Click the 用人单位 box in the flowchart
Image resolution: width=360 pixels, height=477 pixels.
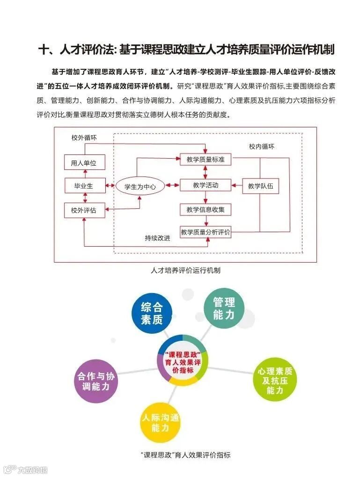pyautogui.click(x=84, y=163)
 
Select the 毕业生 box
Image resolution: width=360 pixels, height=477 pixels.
pyautogui.click(x=84, y=186)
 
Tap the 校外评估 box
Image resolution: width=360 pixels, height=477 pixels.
pyautogui.click(x=84, y=211)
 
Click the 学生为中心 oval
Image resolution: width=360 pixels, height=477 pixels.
pyautogui.click(x=140, y=187)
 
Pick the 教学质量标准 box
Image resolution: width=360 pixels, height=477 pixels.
pyautogui.click(x=206, y=160)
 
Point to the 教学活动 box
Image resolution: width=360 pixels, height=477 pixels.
pyautogui.click(x=206, y=185)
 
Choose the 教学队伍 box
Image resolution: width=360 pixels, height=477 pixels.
pyautogui.click(x=260, y=186)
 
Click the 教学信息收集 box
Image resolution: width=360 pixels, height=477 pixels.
pyautogui.click(x=206, y=210)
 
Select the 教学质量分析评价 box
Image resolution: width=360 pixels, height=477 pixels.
pyautogui.click(x=206, y=232)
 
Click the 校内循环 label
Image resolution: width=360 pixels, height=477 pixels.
pyautogui.click(x=261, y=147)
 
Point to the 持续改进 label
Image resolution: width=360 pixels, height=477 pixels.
pyautogui.click(x=157, y=238)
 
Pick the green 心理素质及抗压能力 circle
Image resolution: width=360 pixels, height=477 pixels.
pyautogui.click(x=275, y=380)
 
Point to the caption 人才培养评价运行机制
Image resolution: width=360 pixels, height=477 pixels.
pyautogui.click(x=186, y=270)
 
